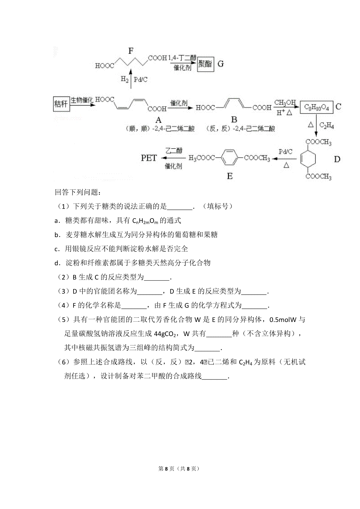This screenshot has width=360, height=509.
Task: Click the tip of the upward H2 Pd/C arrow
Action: coord(130,69)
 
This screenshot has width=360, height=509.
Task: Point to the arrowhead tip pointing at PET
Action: coord(161,158)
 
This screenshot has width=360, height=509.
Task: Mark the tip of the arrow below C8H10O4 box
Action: coord(316,136)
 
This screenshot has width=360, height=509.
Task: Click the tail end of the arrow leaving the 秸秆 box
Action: coord(70,105)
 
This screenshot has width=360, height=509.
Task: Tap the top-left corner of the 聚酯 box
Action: coord(197,57)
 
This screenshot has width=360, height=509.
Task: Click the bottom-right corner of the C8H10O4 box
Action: coord(333,113)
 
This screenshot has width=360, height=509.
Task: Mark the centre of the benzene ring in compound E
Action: coord(229,157)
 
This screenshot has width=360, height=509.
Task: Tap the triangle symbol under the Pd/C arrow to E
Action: coord(286,165)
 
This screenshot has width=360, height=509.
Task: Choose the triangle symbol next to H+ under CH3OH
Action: coord(289,112)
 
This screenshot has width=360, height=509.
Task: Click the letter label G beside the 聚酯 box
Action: coord(220,64)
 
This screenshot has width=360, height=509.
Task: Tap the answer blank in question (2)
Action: coord(157,278)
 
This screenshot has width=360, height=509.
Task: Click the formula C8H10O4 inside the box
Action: coord(316,108)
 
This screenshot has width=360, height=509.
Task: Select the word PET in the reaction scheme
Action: coord(149,158)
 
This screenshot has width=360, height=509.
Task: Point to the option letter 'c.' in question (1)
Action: coord(57,249)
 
